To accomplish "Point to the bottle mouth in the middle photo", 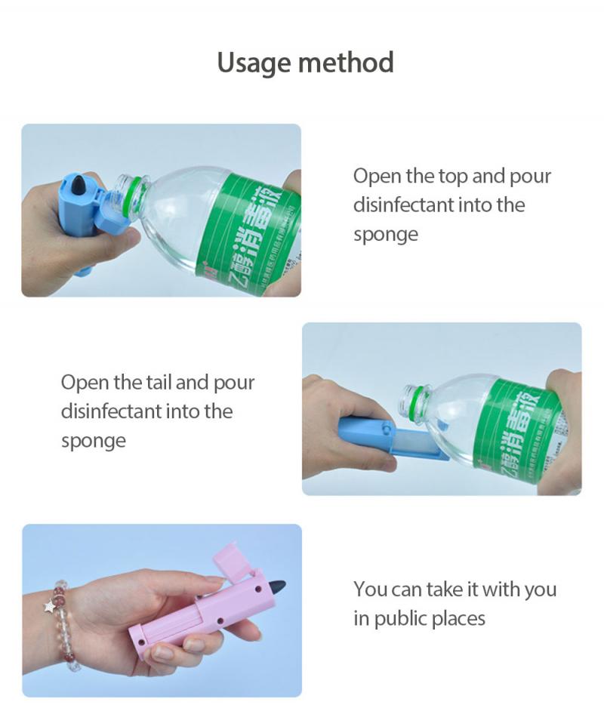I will point(411,394).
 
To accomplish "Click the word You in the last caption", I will point(371,589).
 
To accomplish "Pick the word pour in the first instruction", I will point(529,177).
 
